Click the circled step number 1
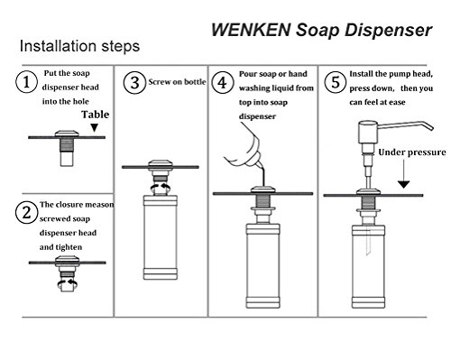point(26,82)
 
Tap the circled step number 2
point(26,213)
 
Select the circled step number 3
point(134,82)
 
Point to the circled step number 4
point(223,82)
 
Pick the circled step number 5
point(336,82)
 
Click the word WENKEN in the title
point(251,30)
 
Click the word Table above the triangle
point(96,115)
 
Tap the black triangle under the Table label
point(95,128)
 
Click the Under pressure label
point(412,152)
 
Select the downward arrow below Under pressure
point(404,174)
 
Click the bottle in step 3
point(161,237)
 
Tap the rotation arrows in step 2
point(68,282)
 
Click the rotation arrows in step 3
point(161,188)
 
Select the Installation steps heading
point(79,46)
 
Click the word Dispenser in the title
point(388,31)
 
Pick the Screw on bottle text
point(177,82)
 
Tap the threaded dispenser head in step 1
point(67,148)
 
